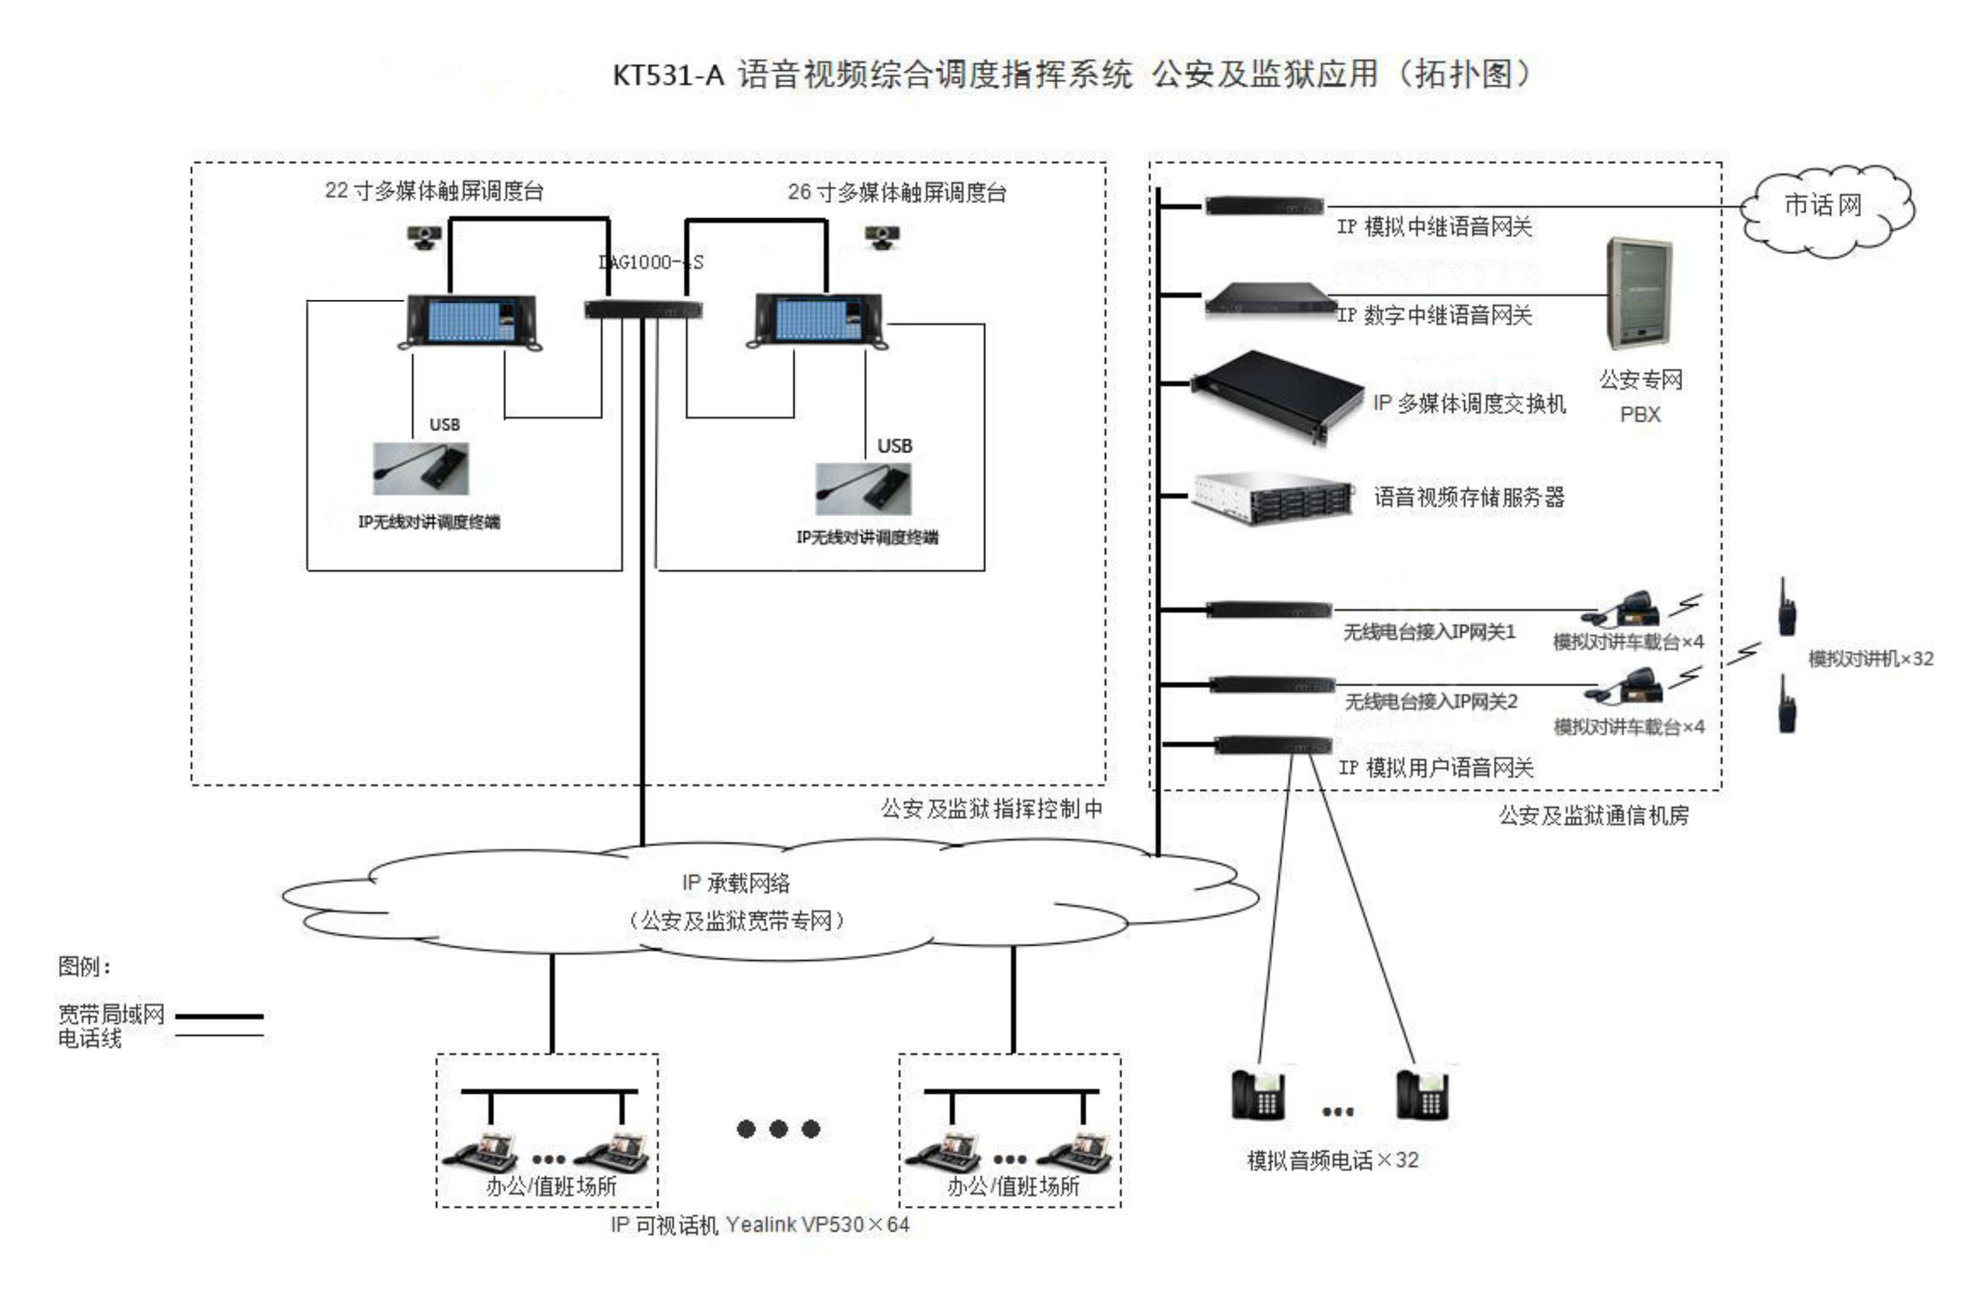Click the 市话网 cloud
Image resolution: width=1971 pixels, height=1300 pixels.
pos(1825,209)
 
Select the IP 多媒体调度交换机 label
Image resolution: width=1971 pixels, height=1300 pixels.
pos(1469,404)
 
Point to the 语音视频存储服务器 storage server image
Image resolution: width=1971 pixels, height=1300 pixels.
pos(1272,497)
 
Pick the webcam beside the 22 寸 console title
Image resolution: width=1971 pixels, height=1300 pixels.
pos(424,237)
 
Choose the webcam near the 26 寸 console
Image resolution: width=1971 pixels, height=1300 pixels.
pos(883,237)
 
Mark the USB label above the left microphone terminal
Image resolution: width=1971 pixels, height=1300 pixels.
pos(445,424)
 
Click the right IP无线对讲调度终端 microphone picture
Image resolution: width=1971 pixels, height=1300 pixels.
pos(862,489)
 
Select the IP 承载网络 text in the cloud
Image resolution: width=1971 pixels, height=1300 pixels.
pos(735,883)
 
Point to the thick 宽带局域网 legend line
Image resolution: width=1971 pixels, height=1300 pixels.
pos(219,1016)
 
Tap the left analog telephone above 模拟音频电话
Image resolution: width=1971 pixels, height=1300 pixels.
pos(1258,1094)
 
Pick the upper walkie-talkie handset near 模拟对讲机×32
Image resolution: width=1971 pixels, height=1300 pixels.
pos(1786,608)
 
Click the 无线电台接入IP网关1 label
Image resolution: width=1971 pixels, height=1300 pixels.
pos(1429,633)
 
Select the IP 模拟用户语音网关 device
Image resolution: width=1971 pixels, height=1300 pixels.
pos(1272,744)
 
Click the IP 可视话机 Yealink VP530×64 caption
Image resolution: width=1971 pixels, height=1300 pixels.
pos(759,1224)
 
